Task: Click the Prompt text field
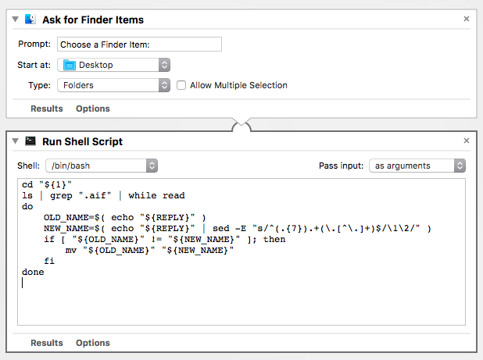pyautogui.click(x=139, y=45)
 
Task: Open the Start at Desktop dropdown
pyautogui.click(x=113, y=65)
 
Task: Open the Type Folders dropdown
pyautogui.click(x=113, y=85)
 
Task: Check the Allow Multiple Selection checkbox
pyautogui.click(x=181, y=85)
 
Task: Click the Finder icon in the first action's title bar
pyautogui.click(x=30, y=19)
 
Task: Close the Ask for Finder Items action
pyautogui.click(x=467, y=19)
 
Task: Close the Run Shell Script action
pyautogui.click(x=467, y=141)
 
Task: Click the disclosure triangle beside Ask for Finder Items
pyautogui.click(x=16, y=19)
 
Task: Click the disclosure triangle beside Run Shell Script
pyautogui.click(x=16, y=141)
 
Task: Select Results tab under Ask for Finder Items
pyautogui.click(x=47, y=109)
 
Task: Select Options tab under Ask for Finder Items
pyautogui.click(x=93, y=109)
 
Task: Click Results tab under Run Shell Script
pyautogui.click(x=47, y=343)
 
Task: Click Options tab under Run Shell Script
pyautogui.click(x=93, y=343)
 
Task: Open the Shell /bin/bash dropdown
pyautogui.click(x=102, y=166)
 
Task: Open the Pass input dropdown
pyautogui.click(x=418, y=166)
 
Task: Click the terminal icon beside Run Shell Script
pyautogui.click(x=30, y=141)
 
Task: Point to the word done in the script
pyautogui.click(x=33, y=272)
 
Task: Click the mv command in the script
pyautogui.click(x=71, y=250)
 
